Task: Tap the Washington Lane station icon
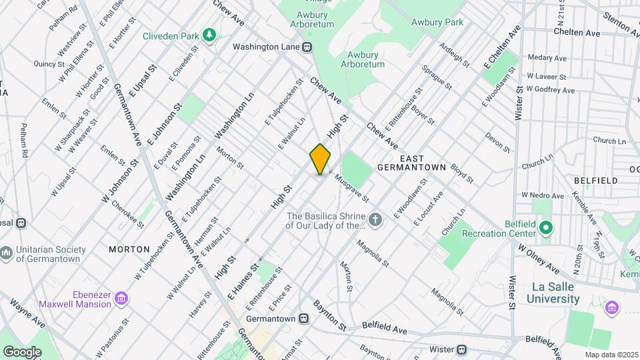[307, 47]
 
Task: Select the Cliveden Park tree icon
[210, 34]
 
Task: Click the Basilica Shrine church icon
[376, 220]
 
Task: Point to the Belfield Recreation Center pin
[546, 227]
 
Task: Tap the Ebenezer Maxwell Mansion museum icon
[121, 297]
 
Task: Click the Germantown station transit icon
[303, 319]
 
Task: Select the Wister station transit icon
[461, 349]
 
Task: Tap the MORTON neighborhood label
[129, 249]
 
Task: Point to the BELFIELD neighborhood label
[595, 180]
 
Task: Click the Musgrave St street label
[353, 187]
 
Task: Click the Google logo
[22, 351]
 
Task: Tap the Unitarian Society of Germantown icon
[6, 253]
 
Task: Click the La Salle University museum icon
[612, 307]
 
